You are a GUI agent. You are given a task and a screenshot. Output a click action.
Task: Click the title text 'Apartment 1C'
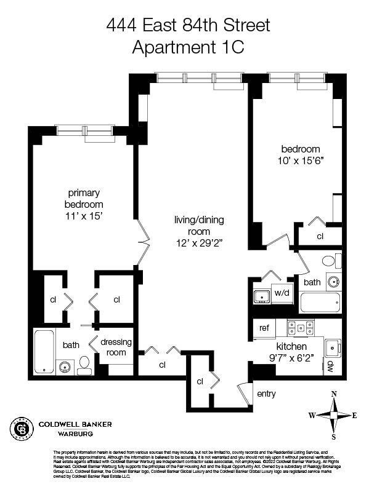tap(188, 46)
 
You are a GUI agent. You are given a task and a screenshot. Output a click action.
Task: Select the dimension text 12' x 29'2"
tap(199, 243)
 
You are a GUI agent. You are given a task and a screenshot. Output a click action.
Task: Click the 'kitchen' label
tap(291, 347)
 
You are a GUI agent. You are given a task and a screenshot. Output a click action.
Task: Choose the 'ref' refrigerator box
tap(263, 328)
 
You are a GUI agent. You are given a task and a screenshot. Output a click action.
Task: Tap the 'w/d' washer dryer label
tap(282, 292)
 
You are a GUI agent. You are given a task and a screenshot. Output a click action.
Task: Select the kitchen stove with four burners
tap(301, 328)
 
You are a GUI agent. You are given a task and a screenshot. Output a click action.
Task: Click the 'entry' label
tap(266, 394)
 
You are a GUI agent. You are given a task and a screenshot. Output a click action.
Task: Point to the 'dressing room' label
tap(113, 347)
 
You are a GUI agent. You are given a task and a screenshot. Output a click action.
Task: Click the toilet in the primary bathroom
tap(84, 364)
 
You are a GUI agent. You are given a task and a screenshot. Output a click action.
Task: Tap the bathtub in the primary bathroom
tap(44, 352)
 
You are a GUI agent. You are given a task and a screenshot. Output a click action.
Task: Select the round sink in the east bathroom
tap(333, 282)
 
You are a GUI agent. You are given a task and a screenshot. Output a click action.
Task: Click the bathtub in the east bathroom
tap(319, 303)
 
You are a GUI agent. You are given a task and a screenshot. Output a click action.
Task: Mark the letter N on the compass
tap(334, 394)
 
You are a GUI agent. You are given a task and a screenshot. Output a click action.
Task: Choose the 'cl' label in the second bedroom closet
tap(320, 236)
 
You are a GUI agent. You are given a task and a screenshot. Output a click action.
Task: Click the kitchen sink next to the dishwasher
tap(333, 346)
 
